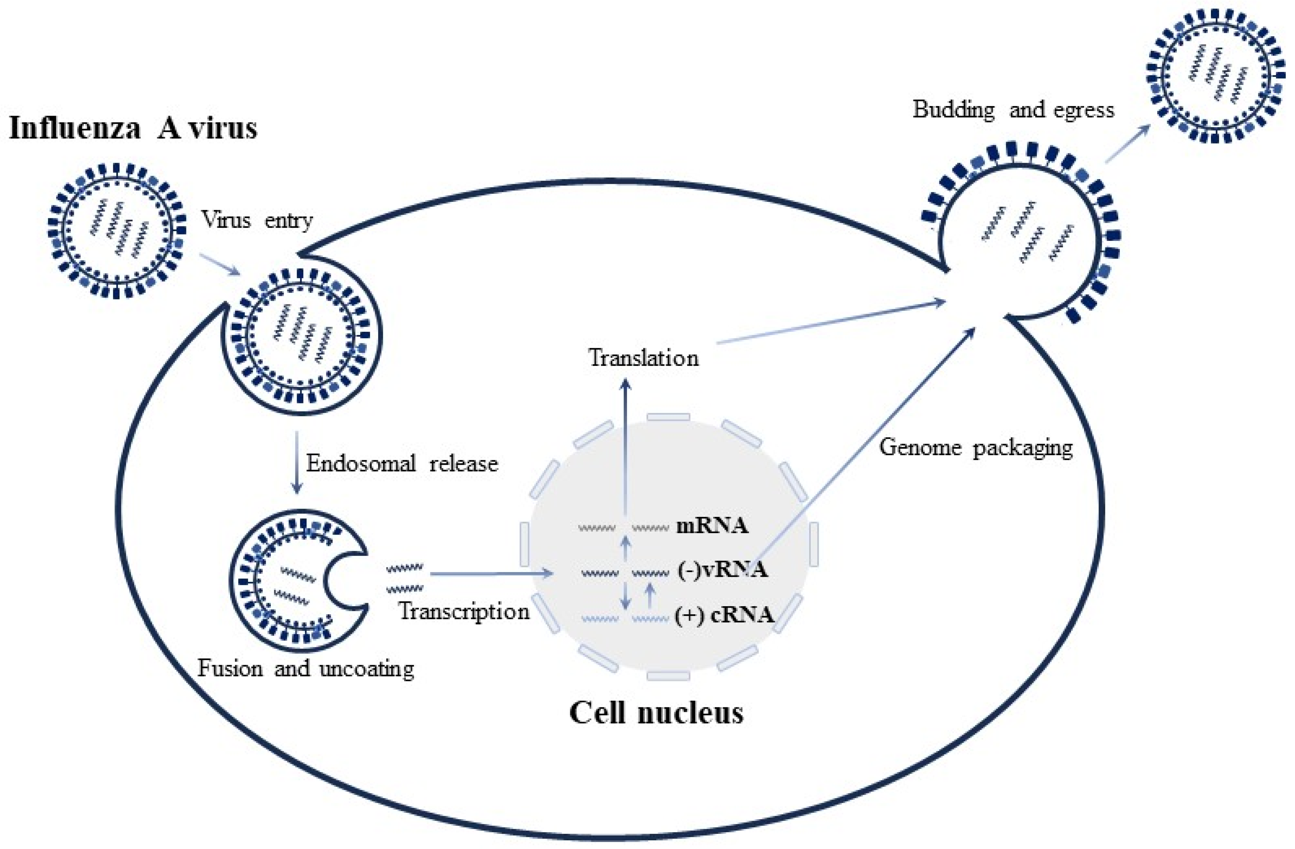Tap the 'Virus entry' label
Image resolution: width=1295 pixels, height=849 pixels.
pyautogui.click(x=257, y=220)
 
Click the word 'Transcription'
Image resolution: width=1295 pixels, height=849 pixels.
pyautogui.click(x=464, y=611)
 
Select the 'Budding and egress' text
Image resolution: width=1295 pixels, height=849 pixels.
pyautogui.click(x=1013, y=109)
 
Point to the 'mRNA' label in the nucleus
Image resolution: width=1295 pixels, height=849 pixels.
pyautogui.click(x=712, y=526)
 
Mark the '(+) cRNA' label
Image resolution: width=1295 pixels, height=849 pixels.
pyautogui.click(x=724, y=615)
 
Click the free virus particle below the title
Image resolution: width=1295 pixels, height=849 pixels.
pyautogui.click(x=117, y=231)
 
